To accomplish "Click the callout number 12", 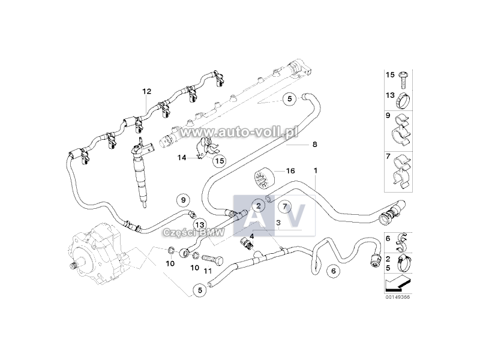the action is pos(146,91).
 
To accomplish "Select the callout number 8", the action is pos(314,144).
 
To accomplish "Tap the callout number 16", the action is pos(290,170).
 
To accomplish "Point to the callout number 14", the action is pos(182,158).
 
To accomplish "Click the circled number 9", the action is pos(184,200).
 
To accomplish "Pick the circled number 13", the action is pos(200,224).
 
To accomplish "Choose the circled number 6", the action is pos(334,271).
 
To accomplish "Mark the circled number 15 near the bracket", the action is pos(220,160).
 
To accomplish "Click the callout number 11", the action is pos(208,271).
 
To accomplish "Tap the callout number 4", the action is pos(251,236).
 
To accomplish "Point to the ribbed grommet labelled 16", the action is pos(265,178).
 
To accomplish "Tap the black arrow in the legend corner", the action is pos(397,283).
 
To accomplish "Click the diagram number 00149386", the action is pos(398,297).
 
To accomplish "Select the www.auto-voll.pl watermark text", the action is pos(239,132).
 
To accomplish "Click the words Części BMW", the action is pos(194,233).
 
